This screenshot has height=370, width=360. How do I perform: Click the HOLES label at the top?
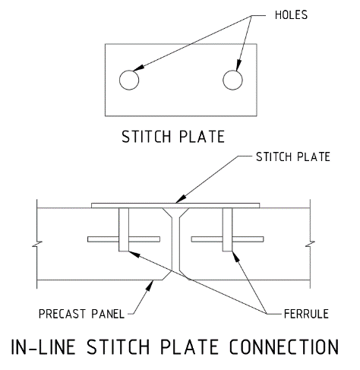291,15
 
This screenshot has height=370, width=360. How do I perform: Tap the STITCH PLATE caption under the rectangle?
173,137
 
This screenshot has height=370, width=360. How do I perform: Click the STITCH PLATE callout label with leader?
293,157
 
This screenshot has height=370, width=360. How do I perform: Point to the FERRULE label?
306,314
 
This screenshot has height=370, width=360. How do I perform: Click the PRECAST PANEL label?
81,314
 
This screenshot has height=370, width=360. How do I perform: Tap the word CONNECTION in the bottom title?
284,346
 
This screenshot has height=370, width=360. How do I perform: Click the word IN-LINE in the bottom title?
43,346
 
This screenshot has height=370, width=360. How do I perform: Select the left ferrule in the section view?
124,229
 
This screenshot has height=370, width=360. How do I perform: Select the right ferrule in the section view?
227,229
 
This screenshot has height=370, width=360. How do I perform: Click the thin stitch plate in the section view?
175,205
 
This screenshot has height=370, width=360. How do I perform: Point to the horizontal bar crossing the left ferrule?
124,239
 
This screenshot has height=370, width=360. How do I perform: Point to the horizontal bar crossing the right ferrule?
227,239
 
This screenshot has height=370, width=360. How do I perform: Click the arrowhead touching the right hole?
238,65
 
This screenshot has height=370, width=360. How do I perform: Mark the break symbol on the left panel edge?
37,244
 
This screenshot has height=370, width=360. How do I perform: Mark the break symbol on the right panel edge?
310,244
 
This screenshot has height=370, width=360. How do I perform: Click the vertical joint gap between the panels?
175,243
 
